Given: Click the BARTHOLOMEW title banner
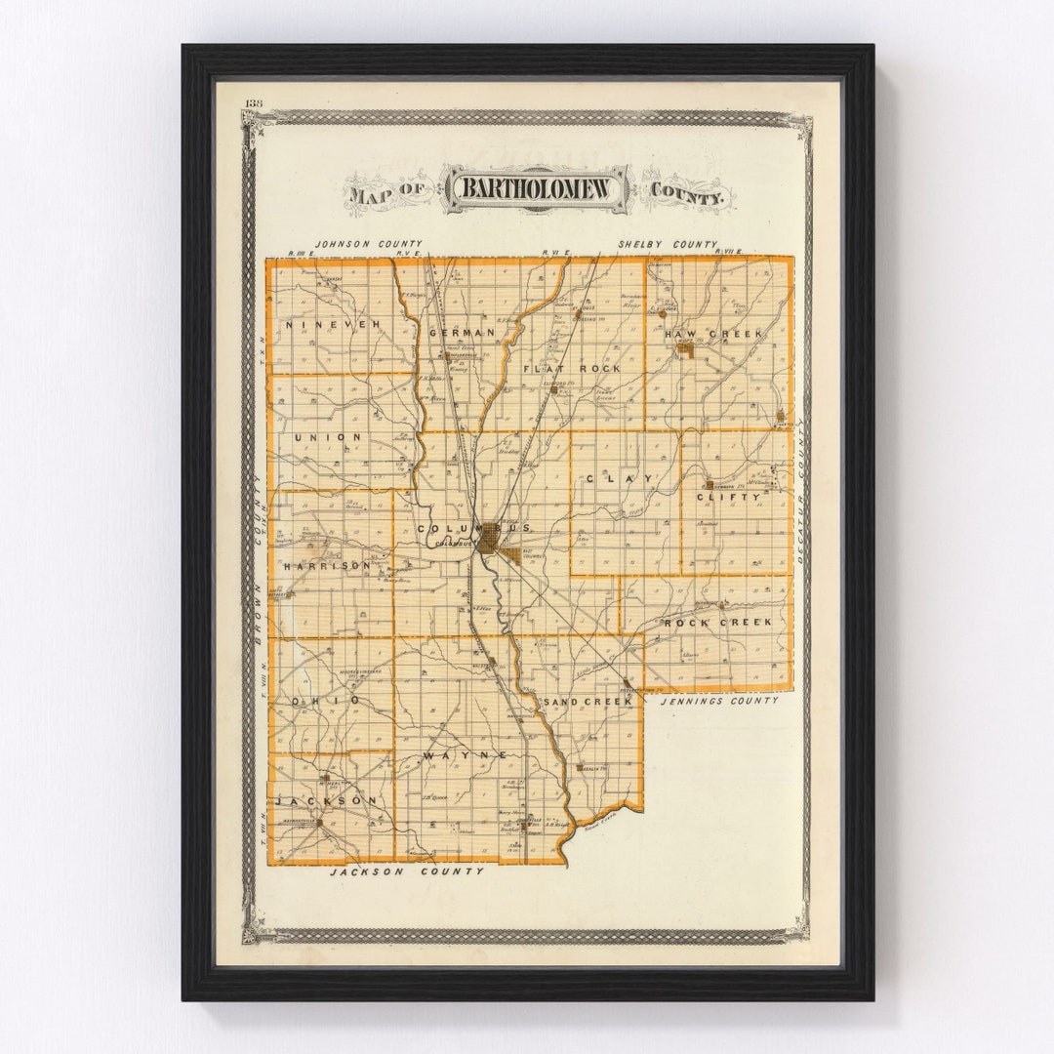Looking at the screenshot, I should click(x=537, y=189).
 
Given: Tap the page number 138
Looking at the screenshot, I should click(x=254, y=103).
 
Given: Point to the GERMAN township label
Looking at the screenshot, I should click(x=462, y=333).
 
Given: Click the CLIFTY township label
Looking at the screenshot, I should click(x=727, y=497).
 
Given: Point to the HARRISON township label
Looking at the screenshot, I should click(x=327, y=565).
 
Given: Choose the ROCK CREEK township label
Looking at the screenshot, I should click(x=717, y=622).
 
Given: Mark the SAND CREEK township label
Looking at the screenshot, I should click(x=588, y=701).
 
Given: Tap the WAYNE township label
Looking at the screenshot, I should click(x=465, y=755).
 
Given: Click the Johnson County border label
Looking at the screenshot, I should click(x=368, y=244).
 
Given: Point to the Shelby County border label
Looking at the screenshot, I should click(x=667, y=244).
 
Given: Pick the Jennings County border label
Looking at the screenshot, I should click(x=719, y=701).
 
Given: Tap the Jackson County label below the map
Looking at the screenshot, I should click(x=406, y=871).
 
